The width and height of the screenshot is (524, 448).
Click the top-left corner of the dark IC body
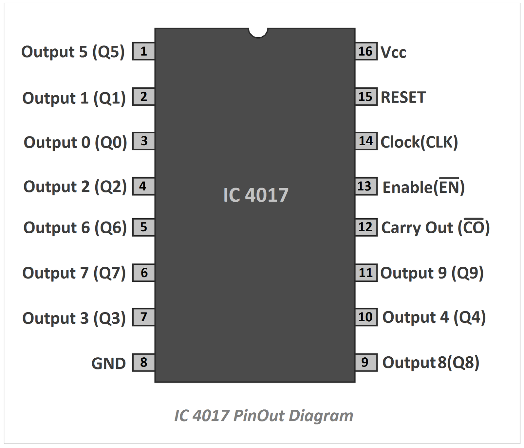point(155,28)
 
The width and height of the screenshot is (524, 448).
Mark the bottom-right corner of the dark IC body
point(355,382)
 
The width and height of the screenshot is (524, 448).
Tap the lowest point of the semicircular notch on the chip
point(258,38)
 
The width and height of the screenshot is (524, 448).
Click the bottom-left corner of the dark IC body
point(155,382)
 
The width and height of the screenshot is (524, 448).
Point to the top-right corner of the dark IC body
point(355,28)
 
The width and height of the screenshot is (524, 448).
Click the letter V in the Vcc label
point(386,52)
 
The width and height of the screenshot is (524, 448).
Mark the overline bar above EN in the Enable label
point(449,178)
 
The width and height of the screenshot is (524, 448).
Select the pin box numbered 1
point(143,51)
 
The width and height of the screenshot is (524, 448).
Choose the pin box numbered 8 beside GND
point(143,363)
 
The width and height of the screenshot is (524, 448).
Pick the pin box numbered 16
point(366,51)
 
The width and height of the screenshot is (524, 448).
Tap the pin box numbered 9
point(366,363)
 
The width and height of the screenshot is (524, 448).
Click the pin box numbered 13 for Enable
point(366,187)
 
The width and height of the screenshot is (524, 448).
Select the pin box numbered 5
point(143,227)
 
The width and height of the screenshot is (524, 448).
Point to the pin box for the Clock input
point(366,141)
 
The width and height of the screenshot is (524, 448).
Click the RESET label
point(403,98)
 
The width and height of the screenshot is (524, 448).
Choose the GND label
point(109,364)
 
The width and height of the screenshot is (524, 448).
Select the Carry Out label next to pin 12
point(436,227)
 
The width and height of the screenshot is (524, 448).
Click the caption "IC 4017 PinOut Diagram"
point(264,416)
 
